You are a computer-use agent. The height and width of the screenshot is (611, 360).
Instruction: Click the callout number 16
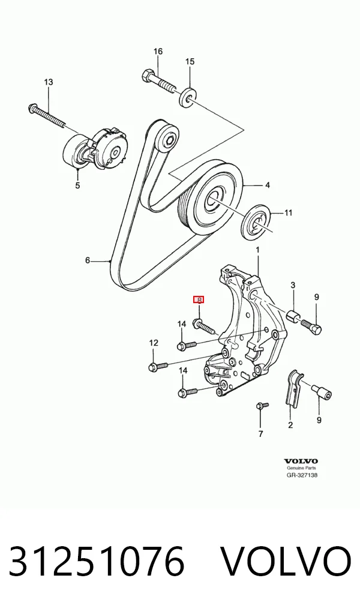click(x=158, y=52)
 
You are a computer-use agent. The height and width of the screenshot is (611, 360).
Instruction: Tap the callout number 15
click(x=190, y=62)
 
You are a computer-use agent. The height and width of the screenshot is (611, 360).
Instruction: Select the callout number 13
click(x=49, y=82)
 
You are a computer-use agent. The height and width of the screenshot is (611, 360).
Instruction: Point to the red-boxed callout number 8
click(x=199, y=299)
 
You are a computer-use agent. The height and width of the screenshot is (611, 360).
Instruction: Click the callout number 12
click(x=154, y=343)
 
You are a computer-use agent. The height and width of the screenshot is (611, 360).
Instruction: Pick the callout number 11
click(x=288, y=212)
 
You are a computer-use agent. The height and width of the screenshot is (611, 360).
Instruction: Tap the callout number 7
click(x=260, y=434)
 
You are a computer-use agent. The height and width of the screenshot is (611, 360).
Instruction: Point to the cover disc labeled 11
click(x=256, y=223)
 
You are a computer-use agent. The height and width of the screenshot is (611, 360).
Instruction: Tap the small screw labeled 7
click(x=262, y=406)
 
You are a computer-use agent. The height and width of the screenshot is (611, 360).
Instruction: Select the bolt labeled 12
click(x=158, y=366)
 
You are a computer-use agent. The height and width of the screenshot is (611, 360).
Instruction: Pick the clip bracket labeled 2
click(x=293, y=388)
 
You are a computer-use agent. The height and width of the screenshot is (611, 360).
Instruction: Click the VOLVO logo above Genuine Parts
click(x=301, y=462)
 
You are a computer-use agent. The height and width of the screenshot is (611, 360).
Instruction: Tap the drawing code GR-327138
click(x=302, y=475)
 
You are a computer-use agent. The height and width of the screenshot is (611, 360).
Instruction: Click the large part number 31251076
click(x=96, y=562)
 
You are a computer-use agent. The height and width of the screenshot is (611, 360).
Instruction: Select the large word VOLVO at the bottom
click(x=286, y=562)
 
